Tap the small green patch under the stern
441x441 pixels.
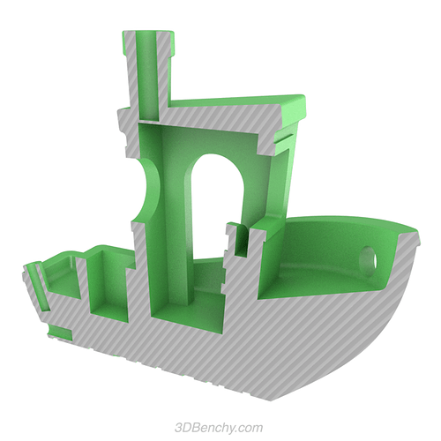point(59,333)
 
